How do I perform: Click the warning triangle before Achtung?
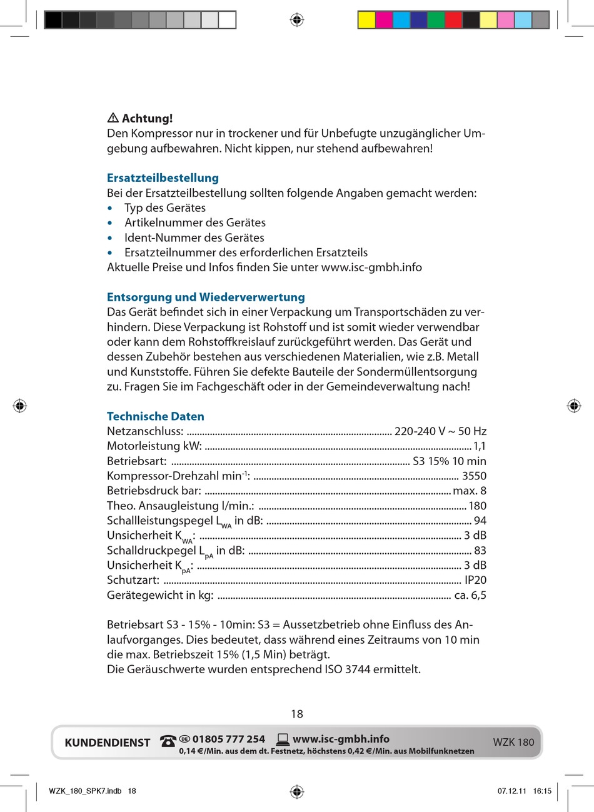coord(113,118)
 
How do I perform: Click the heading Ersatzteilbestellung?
coord(163,178)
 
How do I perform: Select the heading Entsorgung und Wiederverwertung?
coord(206,298)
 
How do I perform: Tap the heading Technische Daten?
coord(155,416)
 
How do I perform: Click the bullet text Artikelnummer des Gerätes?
coord(194,223)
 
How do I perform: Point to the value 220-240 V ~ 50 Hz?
coord(440,431)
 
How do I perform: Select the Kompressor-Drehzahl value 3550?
coord(474,476)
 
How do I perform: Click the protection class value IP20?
coord(475,580)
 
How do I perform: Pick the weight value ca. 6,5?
coord(470,595)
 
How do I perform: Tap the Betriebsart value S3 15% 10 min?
coord(449,461)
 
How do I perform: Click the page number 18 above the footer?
coord(297,714)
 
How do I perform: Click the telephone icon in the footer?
coord(168,741)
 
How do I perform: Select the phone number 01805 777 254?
coord(228,739)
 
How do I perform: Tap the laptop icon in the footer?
coord(283,739)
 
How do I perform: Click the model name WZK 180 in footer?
coord(513,742)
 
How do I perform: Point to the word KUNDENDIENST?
coord(108,743)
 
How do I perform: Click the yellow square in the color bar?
coord(366,20)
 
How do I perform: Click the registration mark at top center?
coord(297,20)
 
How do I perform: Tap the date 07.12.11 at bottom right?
coord(511,791)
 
